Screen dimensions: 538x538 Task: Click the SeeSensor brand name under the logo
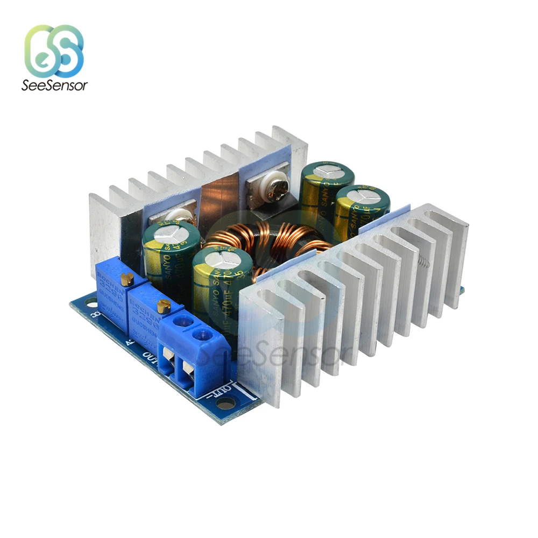point(54,85)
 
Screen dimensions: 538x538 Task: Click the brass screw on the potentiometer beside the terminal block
point(165,307)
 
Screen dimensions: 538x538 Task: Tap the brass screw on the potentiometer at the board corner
point(128,278)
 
